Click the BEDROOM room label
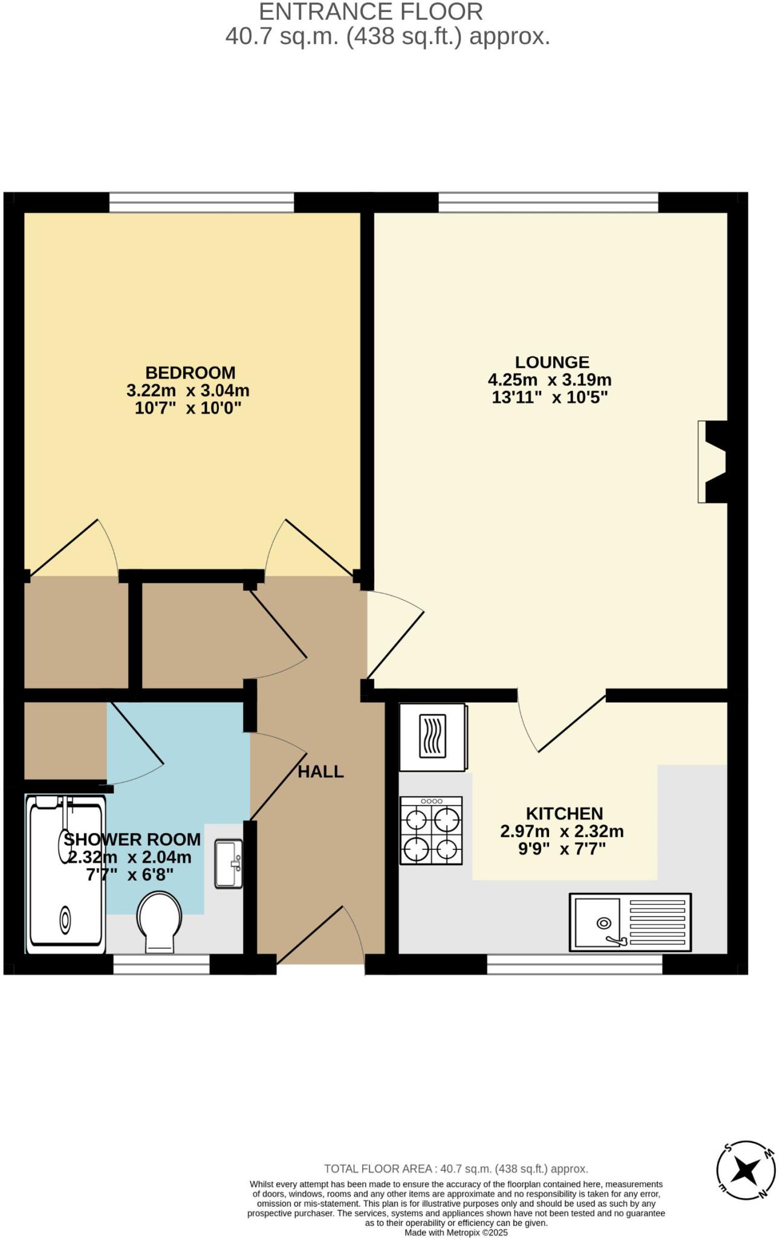190,372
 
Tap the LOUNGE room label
551,362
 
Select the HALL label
320,772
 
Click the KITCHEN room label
564,814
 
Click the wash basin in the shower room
229,864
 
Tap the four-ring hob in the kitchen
431,830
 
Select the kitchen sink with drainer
629,922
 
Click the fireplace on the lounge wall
712,462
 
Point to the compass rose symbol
745,1171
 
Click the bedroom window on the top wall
201,203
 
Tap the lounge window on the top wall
548,203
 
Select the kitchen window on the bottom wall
574,964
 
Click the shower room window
161,964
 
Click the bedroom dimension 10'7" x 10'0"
187,408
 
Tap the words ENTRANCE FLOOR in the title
371,12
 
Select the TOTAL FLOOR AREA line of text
456,1169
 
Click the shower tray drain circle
65,920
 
